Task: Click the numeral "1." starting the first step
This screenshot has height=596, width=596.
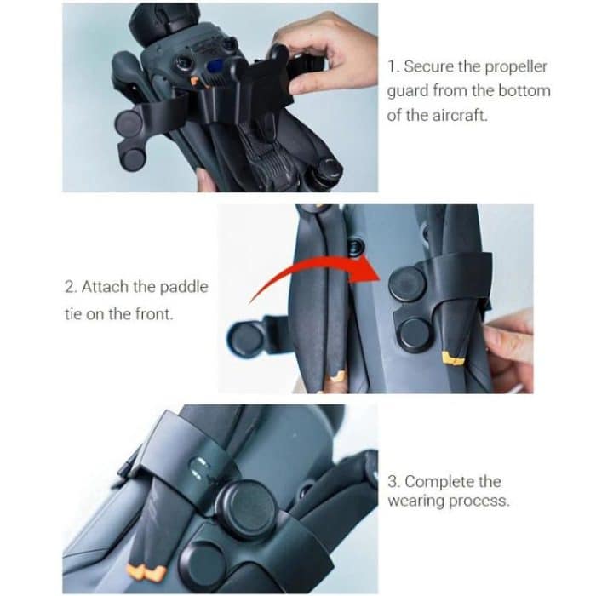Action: [393, 66]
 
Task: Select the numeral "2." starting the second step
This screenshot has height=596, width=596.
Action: [70, 287]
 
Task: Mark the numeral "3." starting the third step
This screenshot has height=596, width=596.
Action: [394, 482]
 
